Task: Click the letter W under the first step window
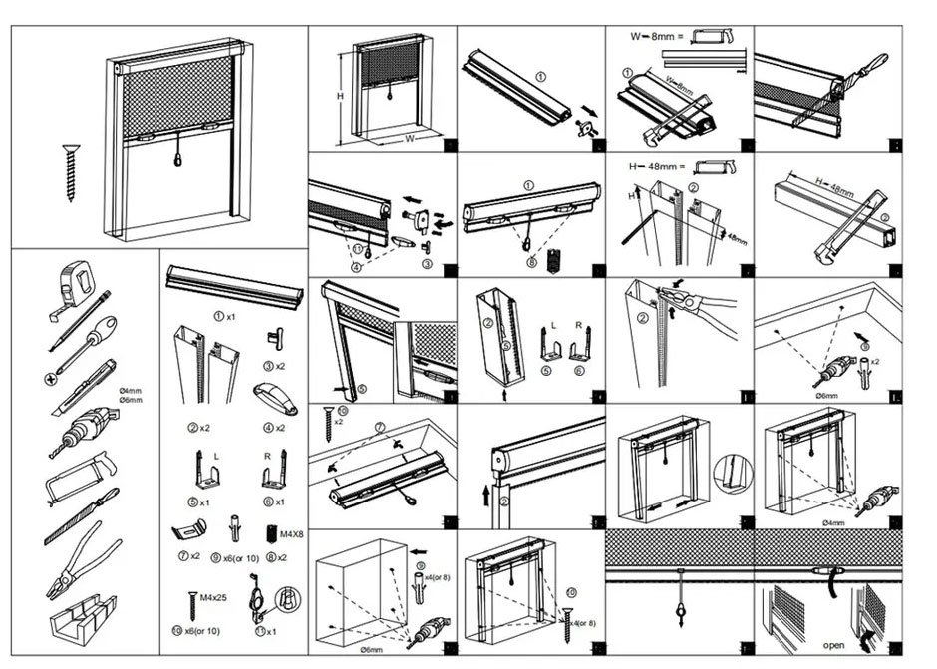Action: [x=409, y=139]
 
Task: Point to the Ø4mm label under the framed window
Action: [x=834, y=521]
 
